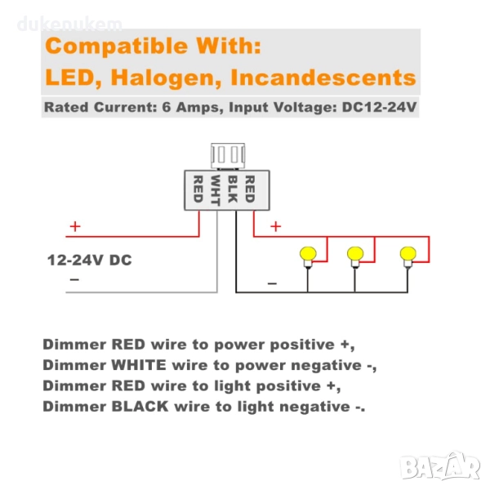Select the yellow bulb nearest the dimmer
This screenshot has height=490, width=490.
(308, 254)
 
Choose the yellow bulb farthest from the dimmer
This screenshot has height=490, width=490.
(407, 254)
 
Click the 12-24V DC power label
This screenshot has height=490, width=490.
(90, 261)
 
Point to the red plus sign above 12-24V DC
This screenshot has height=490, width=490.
(75, 227)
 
